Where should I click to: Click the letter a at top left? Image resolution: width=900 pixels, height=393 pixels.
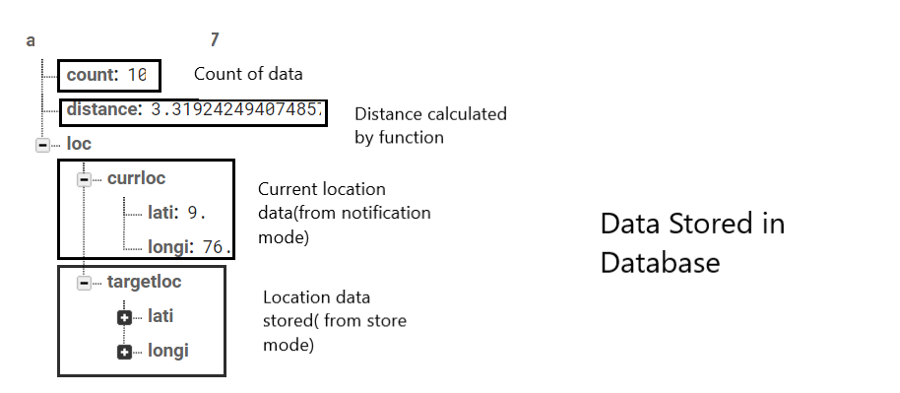click(31, 40)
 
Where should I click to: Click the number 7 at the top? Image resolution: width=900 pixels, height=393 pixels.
click(215, 40)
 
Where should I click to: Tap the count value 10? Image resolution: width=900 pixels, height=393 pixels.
click(137, 74)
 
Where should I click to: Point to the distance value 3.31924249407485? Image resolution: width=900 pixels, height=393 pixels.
click(236, 109)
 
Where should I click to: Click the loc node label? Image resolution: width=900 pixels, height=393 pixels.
click(79, 144)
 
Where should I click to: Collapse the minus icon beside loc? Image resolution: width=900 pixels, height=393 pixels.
click(42, 145)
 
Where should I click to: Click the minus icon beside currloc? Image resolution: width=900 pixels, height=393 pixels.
click(84, 179)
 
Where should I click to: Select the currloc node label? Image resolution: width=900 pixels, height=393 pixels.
click(136, 178)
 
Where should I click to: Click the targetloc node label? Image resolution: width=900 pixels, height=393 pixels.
click(144, 282)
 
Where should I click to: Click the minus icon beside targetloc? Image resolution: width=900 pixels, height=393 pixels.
click(84, 283)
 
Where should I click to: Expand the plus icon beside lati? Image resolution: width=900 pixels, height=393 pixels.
click(124, 317)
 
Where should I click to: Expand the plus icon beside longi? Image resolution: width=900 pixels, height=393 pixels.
click(124, 352)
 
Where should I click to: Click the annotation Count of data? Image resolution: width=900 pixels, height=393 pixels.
click(248, 74)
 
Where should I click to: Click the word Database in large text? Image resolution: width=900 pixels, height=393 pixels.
click(660, 263)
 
